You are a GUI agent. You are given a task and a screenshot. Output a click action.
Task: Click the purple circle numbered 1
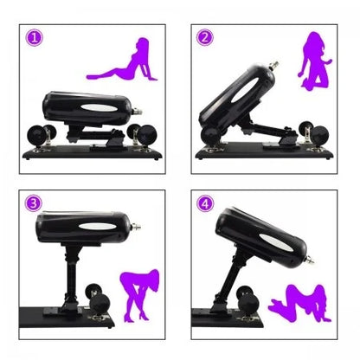[x=34, y=37]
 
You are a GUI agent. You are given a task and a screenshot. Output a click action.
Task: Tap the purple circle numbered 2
[x=204, y=37]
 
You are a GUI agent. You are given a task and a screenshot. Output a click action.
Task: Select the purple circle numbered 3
[x=33, y=203]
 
